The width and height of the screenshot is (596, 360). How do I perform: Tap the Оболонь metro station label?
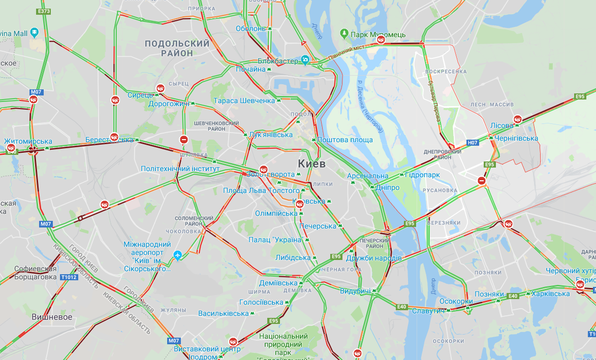(x=250, y=28)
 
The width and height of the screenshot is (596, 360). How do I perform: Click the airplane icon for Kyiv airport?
(x=177, y=254)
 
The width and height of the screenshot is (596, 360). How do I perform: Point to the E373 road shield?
(x=44, y=11)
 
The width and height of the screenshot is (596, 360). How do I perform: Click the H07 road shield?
(x=473, y=143)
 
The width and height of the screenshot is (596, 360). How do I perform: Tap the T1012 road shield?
(x=69, y=277)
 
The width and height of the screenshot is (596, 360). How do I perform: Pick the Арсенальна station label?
(x=368, y=176)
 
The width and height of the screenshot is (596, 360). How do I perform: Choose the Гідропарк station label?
(x=422, y=175)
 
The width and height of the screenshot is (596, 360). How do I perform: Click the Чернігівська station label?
(x=517, y=138)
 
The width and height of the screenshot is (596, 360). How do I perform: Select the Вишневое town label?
(x=52, y=317)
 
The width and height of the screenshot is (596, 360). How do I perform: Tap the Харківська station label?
(x=551, y=293)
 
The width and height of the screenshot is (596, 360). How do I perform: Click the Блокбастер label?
(x=277, y=61)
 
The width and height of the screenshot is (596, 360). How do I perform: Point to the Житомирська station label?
(x=28, y=141)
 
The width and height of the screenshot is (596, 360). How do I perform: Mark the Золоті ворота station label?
(x=270, y=174)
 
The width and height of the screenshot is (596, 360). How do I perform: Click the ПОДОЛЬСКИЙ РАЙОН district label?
(x=177, y=48)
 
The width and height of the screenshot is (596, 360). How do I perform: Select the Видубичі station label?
(x=355, y=290)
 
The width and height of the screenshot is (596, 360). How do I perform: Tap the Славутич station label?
(x=428, y=310)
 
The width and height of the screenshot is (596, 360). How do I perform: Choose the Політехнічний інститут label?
(x=180, y=169)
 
